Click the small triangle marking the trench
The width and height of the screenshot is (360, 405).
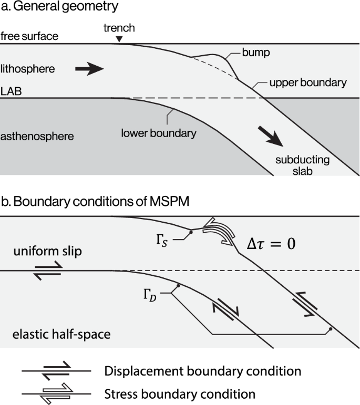[119, 40]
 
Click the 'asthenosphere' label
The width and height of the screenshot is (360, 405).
[37, 137]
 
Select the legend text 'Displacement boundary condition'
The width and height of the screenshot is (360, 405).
[203, 371]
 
